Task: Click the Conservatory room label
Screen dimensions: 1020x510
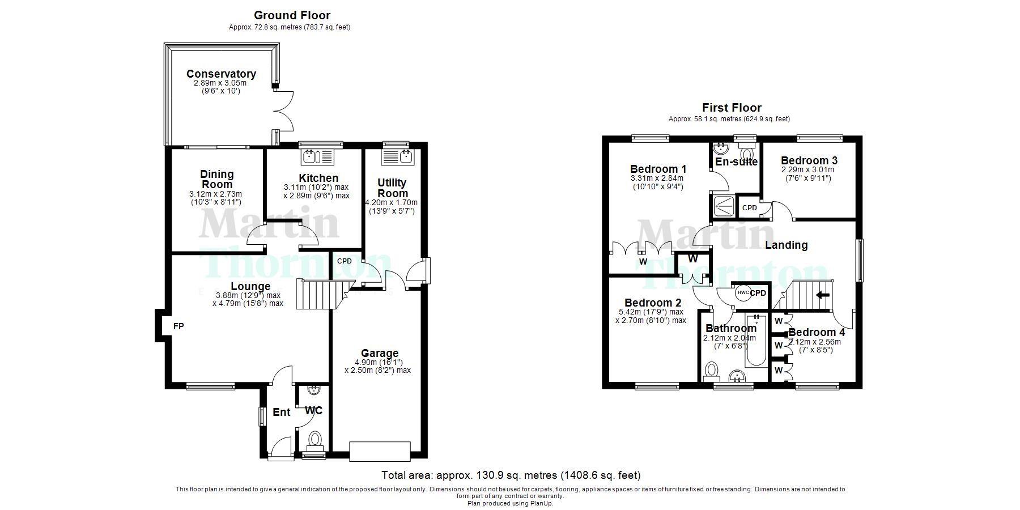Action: coord(221,74)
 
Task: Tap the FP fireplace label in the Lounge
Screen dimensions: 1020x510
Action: coord(178,326)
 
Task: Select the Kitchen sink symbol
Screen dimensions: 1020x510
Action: coord(318,156)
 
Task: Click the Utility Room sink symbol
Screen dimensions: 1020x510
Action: coord(398,156)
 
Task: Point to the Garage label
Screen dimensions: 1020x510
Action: coord(380,354)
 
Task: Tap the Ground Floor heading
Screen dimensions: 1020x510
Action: coord(292,15)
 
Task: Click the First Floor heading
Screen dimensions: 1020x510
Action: coord(732,108)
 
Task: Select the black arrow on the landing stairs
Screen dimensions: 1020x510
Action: coord(822,295)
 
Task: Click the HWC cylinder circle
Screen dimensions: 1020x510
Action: coord(743,293)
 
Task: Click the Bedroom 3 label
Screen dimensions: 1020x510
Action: coord(809,160)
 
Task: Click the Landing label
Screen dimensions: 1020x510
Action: coord(786,245)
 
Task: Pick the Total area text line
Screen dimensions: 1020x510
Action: coord(511,475)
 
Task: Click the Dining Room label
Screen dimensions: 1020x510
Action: coord(217,179)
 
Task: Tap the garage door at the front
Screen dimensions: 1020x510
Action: coord(380,451)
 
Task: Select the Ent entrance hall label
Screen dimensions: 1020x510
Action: coord(282,412)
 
